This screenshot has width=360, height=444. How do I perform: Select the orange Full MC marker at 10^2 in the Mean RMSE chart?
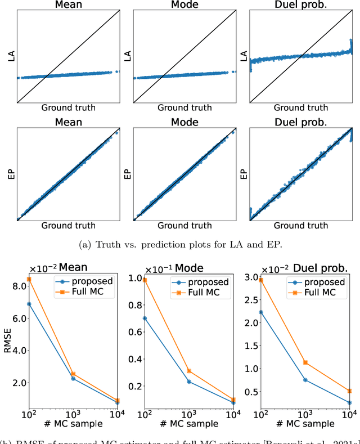click(x=29, y=279)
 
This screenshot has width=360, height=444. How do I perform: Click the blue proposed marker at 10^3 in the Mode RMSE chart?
click(x=189, y=382)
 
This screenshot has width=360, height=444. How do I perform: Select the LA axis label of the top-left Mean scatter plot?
click(x=11, y=56)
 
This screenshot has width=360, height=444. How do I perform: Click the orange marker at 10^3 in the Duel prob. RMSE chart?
click(x=305, y=347)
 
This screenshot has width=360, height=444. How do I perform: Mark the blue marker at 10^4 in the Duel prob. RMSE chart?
click(x=349, y=402)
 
